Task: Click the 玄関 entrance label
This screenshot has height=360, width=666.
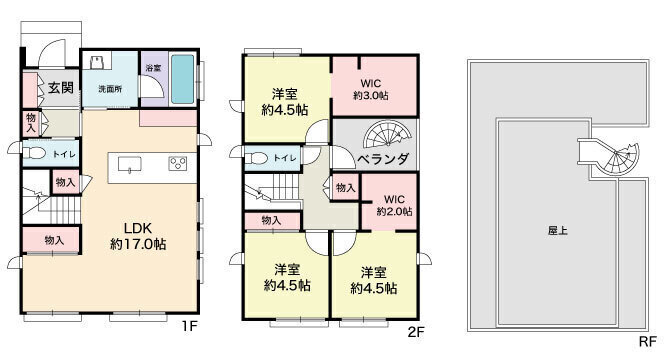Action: click(61, 88)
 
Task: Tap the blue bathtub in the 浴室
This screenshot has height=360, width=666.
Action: click(183, 79)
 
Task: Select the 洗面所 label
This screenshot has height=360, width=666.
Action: click(110, 89)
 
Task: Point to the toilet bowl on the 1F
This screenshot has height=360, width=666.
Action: click(34, 153)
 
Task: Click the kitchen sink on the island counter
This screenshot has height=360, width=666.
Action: click(130, 164)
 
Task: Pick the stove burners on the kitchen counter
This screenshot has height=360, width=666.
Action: click(178, 163)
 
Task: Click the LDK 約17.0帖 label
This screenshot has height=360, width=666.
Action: click(138, 236)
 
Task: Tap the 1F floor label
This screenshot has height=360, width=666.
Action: click(189, 326)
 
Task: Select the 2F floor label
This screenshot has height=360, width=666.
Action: click(416, 332)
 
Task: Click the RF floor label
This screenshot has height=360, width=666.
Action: click(648, 341)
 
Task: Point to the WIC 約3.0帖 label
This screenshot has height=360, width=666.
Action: click(371, 89)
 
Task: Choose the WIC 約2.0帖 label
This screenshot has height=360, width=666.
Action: click(394, 205)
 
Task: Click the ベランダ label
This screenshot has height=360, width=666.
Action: click(383, 159)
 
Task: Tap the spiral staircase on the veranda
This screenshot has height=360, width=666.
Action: click(387, 135)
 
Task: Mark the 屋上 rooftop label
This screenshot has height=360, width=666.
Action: click(558, 231)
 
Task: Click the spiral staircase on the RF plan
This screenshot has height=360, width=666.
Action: click(620, 159)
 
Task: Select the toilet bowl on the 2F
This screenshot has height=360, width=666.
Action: click(257, 159)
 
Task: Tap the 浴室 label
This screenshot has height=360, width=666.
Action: click(153, 68)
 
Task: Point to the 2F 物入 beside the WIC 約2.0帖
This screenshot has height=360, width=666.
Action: click(345, 187)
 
